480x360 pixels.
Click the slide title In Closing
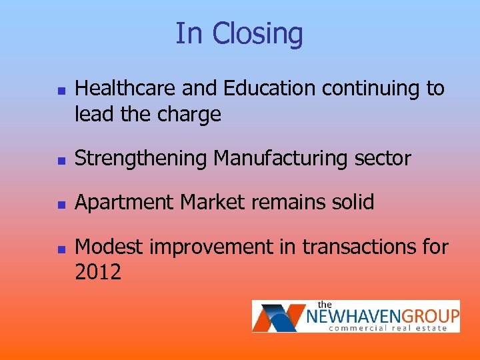click(239, 33)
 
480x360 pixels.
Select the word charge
click(189, 115)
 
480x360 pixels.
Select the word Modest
click(108, 247)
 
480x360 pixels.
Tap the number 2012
click(98, 273)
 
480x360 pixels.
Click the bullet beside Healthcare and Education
click(60, 89)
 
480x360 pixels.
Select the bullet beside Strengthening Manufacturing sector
click(60, 160)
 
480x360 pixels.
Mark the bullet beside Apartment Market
click(60, 204)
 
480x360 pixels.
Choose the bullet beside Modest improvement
click(60, 248)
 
